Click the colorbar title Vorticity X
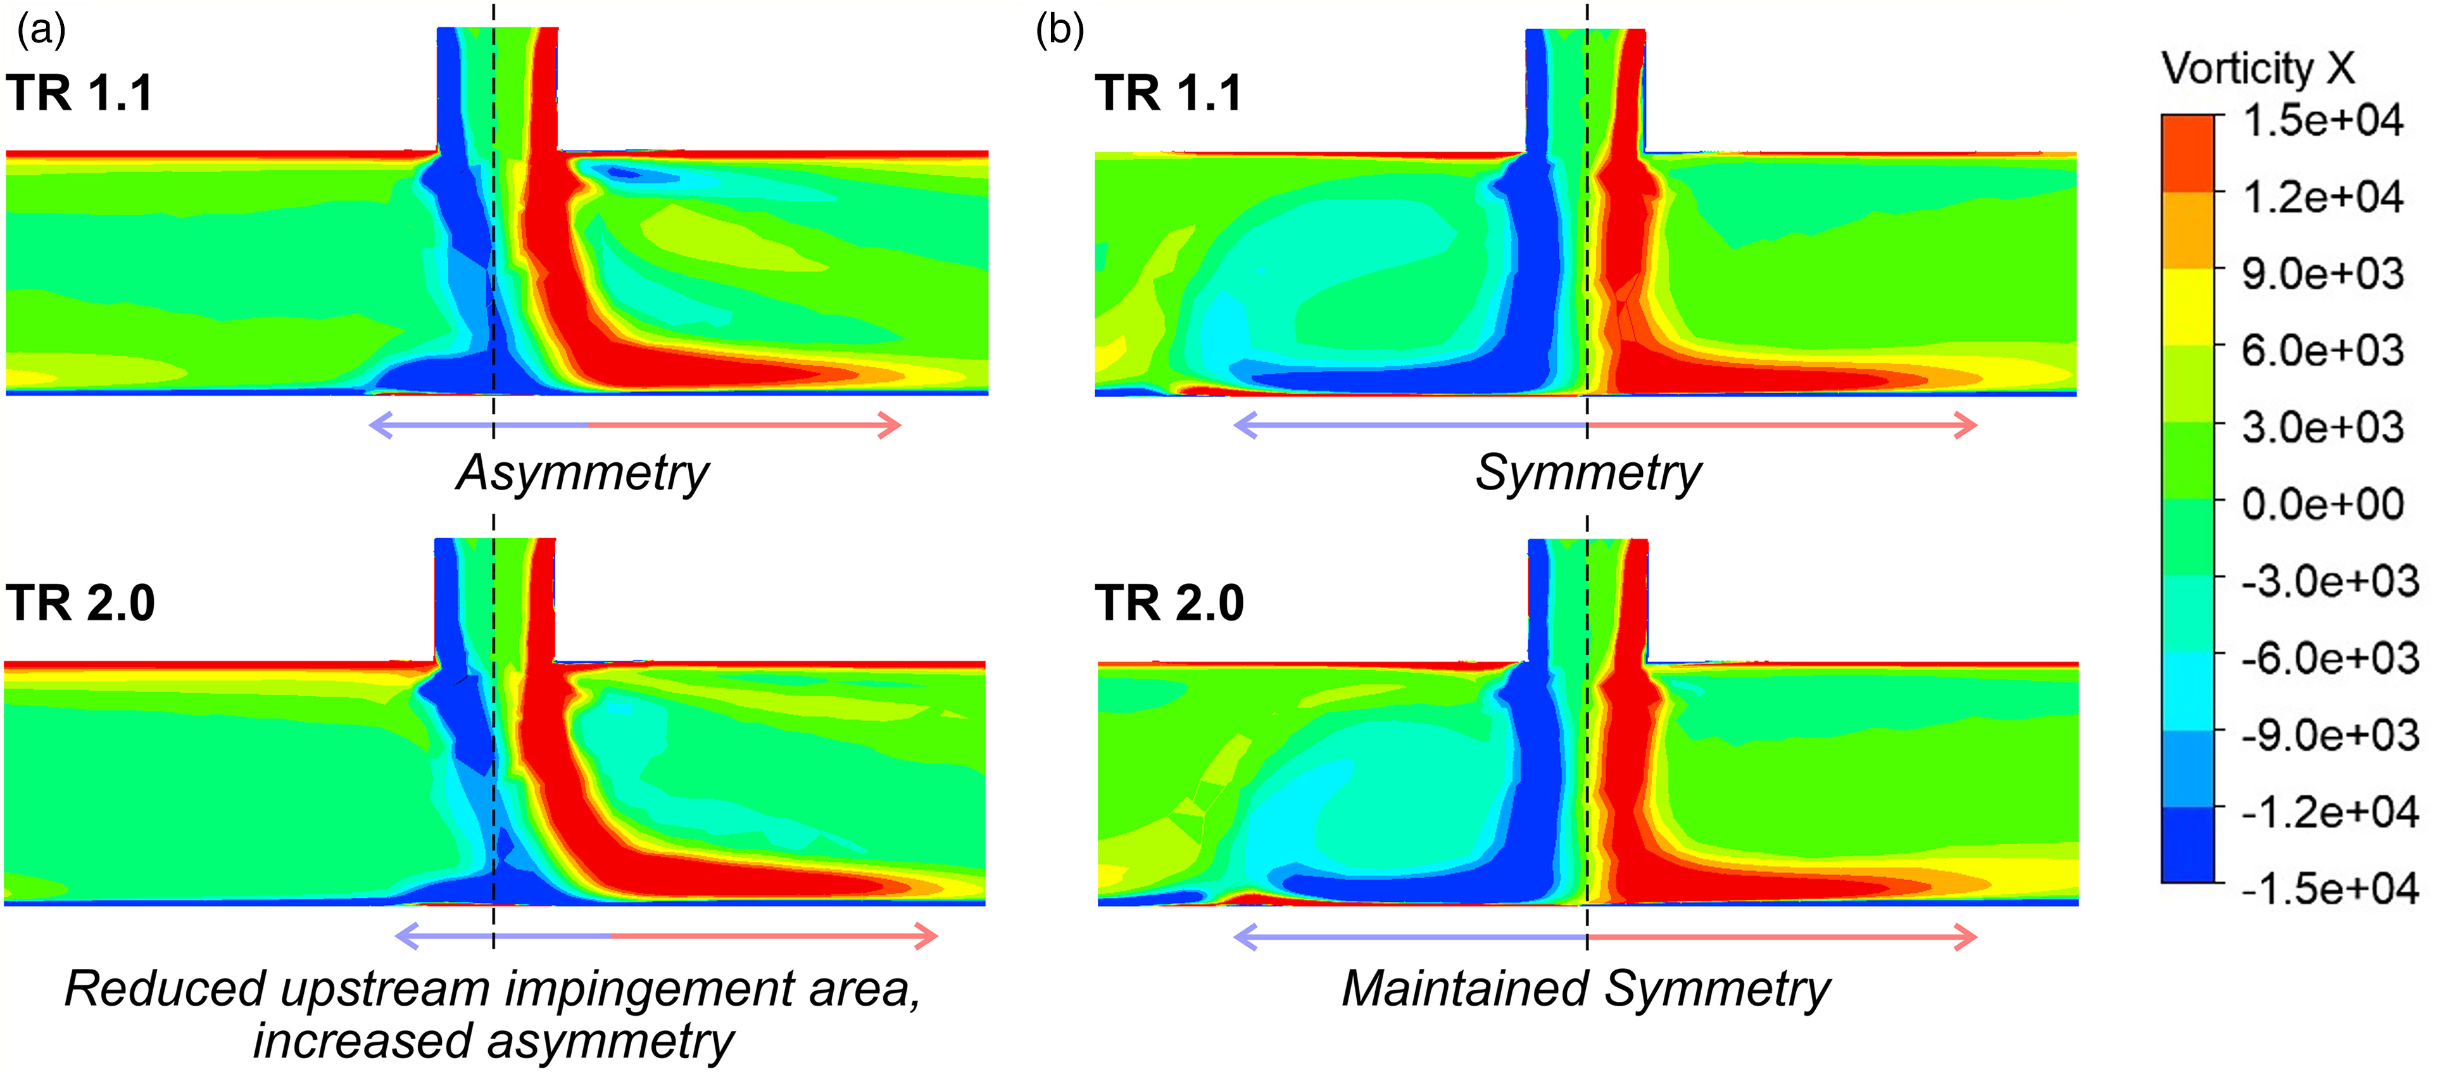pyautogui.click(x=2257, y=68)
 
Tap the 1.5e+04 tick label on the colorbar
pyautogui.click(x=2322, y=120)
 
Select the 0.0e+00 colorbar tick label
pyautogui.click(x=2322, y=504)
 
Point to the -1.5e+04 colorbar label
pyautogui.click(x=2329, y=888)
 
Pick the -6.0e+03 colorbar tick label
pyautogui.click(x=2329, y=657)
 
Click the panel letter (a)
pyautogui.click(x=41, y=30)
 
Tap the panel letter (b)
pyautogui.click(x=1059, y=30)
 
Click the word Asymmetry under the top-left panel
pyautogui.click(x=582, y=472)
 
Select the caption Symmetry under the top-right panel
pyautogui.click(x=1588, y=472)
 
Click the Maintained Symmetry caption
pyautogui.click(x=1586, y=989)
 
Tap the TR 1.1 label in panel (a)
pyautogui.click(x=80, y=93)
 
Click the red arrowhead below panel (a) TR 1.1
pyautogui.click(x=890, y=426)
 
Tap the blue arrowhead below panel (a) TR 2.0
pyautogui.click(x=405, y=937)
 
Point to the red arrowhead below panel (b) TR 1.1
pyautogui.click(x=1967, y=426)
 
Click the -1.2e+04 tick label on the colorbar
pyautogui.click(x=2329, y=812)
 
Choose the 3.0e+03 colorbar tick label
pyautogui.click(x=2322, y=427)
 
